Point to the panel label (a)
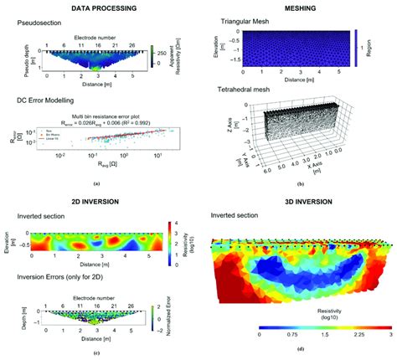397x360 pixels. click(96, 183)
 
